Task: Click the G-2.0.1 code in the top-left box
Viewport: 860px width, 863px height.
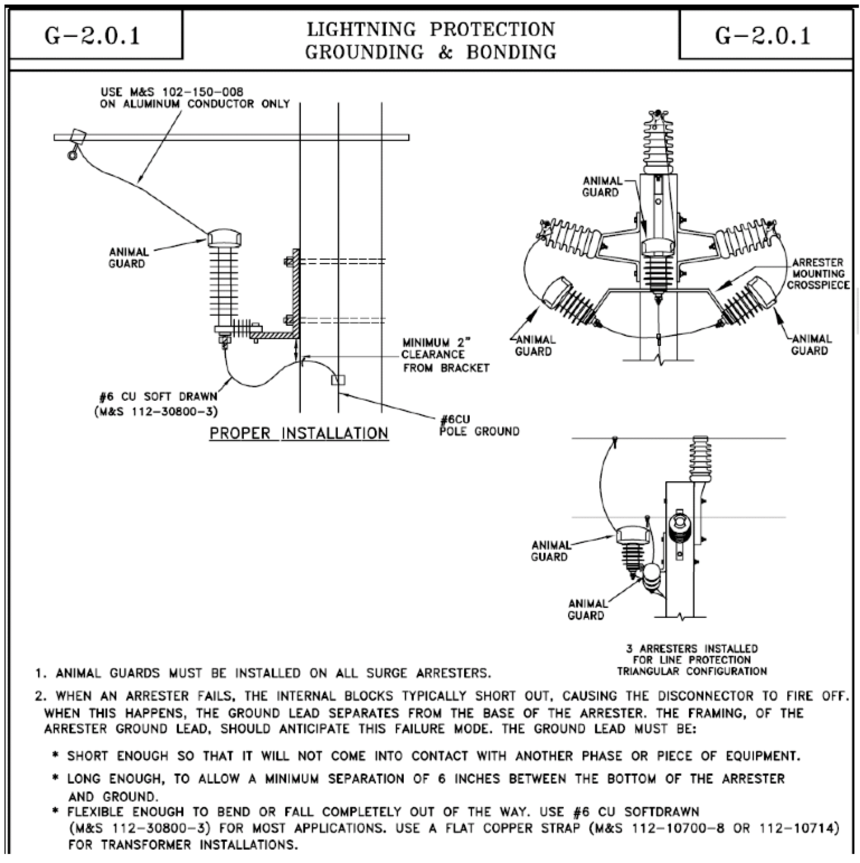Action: (92, 36)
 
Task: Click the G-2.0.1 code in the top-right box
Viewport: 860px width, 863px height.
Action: (763, 36)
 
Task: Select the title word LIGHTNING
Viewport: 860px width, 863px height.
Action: (361, 29)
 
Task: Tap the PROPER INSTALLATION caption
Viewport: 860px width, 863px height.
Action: (299, 433)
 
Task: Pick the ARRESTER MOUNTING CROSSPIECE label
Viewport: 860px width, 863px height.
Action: (818, 274)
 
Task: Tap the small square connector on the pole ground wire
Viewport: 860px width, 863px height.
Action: (338, 380)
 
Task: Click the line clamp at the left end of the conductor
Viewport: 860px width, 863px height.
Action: (77, 137)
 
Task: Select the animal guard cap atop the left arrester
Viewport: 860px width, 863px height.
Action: (224, 238)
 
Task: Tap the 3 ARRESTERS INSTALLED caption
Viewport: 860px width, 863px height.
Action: (692, 660)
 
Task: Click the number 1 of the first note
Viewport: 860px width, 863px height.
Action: (39, 673)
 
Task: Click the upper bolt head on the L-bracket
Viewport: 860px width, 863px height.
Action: (287, 261)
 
